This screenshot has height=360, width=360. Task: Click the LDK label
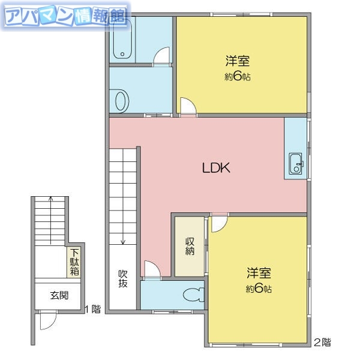coord(216,169)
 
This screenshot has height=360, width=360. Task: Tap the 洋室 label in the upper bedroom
coord(238,61)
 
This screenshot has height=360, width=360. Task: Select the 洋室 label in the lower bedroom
coord(259,274)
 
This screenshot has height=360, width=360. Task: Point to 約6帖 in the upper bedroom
coord(238,76)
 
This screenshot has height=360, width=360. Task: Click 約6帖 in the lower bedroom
coord(259,289)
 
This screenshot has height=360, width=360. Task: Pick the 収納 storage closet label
coord(190,247)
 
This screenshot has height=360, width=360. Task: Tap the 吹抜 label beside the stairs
coord(123,279)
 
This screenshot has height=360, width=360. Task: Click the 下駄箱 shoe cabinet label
coord(75,262)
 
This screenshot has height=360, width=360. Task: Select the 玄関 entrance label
coord(59,295)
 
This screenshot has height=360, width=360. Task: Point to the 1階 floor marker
coord(93,310)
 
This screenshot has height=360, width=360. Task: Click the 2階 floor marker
coord(322,343)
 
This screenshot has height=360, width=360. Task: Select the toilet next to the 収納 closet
coord(193,296)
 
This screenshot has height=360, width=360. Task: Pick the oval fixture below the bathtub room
coord(122,100)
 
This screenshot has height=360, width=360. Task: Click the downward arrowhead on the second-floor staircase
coord(122,242)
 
